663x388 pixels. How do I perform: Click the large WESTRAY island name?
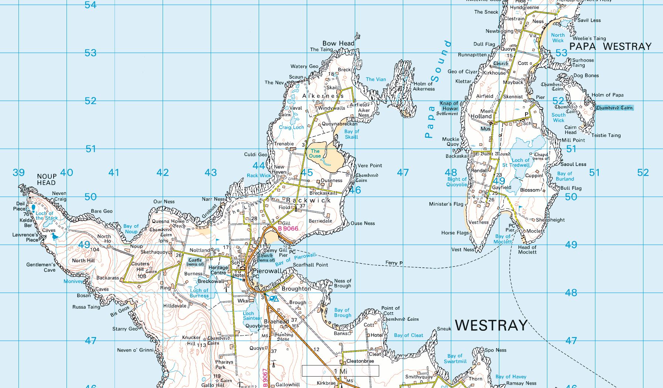click(x=491, y=325)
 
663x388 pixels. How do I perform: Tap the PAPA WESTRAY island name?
click(x=610, y=47)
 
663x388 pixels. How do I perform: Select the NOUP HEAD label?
click(x=47, y=179)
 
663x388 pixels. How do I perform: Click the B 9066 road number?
click(x=288, y=229)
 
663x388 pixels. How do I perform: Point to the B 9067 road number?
click(x=265, y=378)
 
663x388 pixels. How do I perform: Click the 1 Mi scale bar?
click(x=340, y=371)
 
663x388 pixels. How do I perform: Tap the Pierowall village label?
click(x=267, y=271)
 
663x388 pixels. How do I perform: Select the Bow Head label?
click(x=338, y=43)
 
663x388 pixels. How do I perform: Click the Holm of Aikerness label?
click(x=424, y=86)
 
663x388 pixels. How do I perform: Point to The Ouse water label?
click(x=315, y=153)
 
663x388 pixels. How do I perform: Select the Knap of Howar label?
click(x=449, y=106)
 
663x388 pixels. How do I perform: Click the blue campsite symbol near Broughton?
click(x=274, y=298)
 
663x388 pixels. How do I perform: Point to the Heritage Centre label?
click(x=218, y=270)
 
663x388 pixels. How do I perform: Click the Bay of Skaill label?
click(x=351, y=134)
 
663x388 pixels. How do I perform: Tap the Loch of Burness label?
click(x=199, y=293)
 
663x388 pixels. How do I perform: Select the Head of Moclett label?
click(x=527, y=250)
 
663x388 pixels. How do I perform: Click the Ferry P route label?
click(x=394, y=263)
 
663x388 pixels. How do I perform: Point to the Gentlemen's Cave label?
click(x=41, y=267)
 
